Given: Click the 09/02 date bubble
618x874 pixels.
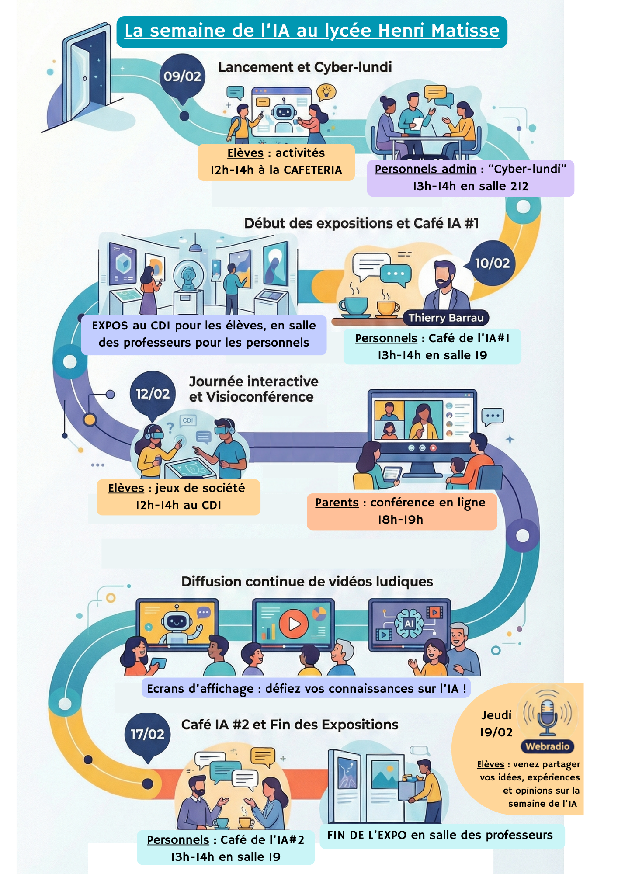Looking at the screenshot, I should (x=182, y=76).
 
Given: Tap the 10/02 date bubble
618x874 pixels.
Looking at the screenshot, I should (x=492, y=263).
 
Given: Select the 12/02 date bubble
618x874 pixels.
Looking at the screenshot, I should (x=153, y=394).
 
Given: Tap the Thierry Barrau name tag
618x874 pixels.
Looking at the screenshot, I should (x=446, y=318).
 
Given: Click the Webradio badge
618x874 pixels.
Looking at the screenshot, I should (x=547, y=746).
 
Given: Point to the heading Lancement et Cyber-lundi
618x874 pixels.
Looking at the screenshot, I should (x=305, y=67).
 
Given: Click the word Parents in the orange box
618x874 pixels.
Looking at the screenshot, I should (x=337, y=503).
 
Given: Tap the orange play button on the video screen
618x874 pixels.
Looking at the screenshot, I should (x=294, y=624).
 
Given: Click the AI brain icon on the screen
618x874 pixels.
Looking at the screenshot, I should (x=409, y=623).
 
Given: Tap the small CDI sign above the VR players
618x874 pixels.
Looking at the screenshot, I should (x=188, y=420).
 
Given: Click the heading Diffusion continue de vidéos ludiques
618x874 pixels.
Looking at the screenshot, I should (x=307, y=582).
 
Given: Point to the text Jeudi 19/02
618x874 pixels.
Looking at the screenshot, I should (x=496, y=724).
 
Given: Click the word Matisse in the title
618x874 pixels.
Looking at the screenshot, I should (x=465, y=31).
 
